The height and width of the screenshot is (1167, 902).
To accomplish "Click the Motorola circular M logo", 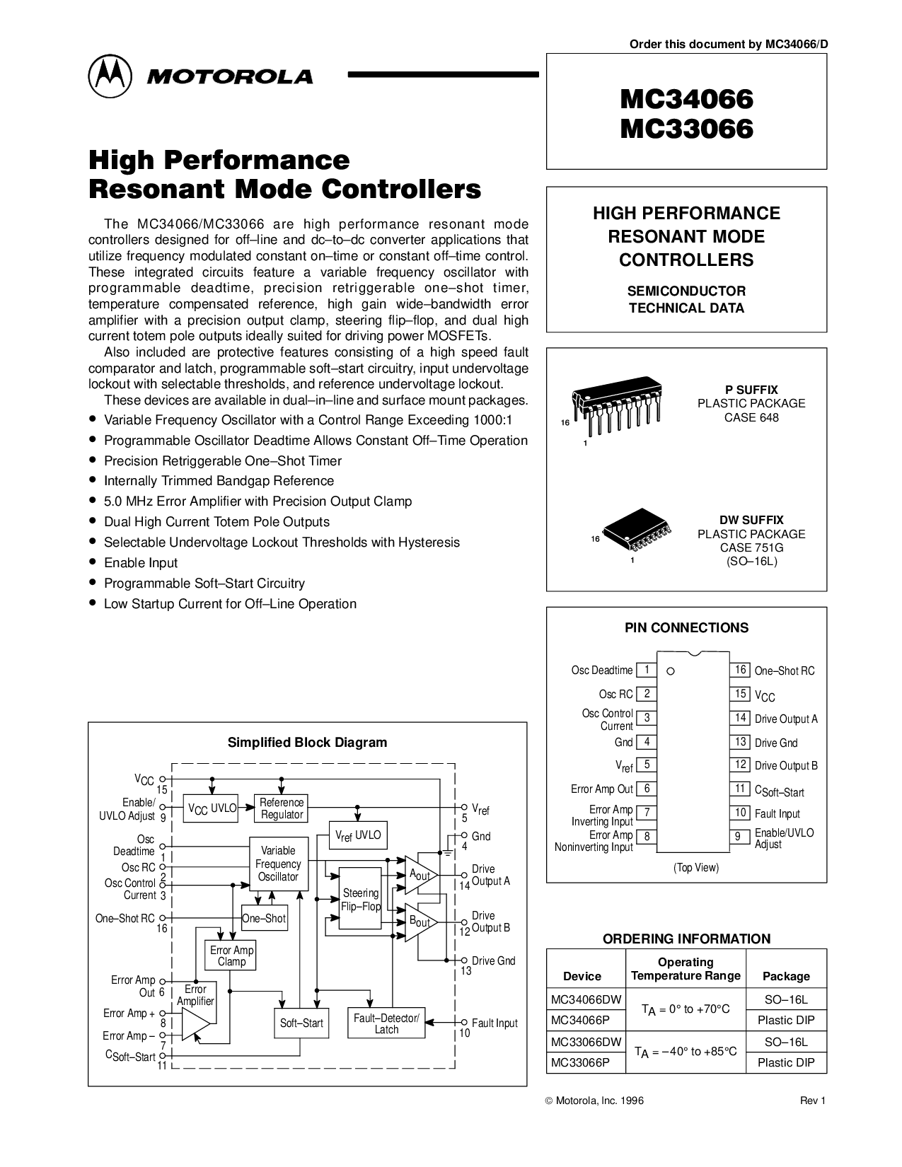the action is pos(110,76).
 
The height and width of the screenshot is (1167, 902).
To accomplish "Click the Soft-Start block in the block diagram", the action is pos(301,1023).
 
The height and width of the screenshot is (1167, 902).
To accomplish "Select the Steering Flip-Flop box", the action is pos(361,898).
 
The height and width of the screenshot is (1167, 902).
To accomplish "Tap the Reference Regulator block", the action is pos(281,808).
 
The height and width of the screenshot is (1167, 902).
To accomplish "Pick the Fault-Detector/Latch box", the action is pos(386,1023).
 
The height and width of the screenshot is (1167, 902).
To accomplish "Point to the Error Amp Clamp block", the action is pos(231,956).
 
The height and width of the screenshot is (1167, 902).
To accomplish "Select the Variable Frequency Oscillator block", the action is pos(278,864).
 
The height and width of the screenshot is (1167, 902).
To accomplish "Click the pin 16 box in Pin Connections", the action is pos(740,670).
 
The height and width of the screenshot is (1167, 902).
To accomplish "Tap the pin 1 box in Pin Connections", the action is pos(647,670).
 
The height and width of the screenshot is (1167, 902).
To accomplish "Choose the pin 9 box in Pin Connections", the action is pos(740,837).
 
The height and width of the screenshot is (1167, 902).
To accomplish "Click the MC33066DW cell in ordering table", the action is pos(586,1042).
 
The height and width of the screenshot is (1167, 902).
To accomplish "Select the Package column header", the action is pos(786,976).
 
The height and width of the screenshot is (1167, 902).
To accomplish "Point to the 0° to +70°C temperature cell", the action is pos(686,1010).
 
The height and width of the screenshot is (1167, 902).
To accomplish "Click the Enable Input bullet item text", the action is pos(141,563).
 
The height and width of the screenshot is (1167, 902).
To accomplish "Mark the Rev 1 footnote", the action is pos(812,1101).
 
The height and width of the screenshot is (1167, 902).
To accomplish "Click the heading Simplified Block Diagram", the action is pos(307,743).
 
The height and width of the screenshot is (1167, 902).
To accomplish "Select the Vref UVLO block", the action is pos(358,835).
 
